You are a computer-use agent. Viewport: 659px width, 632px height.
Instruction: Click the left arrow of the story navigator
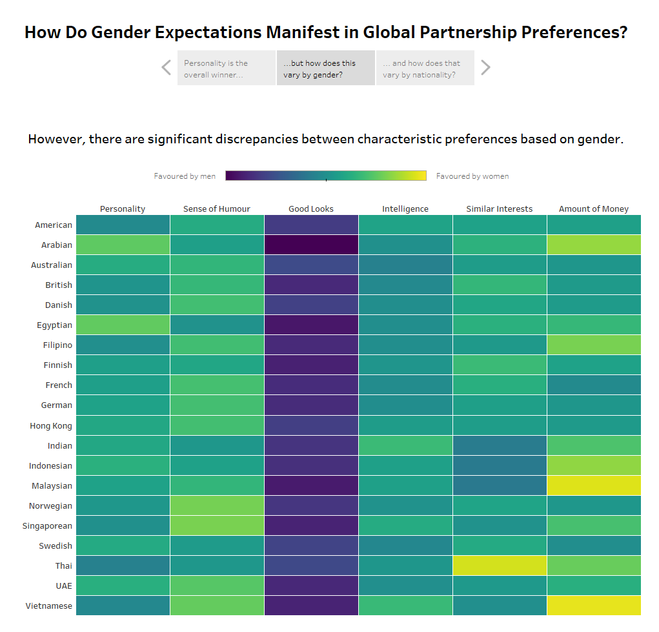167,68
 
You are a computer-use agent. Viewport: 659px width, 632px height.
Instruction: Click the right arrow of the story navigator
486,68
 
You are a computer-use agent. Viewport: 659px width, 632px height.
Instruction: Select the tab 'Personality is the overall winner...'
227,68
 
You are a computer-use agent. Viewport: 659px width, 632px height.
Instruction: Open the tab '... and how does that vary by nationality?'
425,68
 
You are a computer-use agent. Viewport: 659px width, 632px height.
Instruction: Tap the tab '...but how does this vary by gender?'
325,68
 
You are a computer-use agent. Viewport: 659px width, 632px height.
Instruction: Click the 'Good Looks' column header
311,209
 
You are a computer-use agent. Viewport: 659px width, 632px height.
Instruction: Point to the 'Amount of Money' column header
594,209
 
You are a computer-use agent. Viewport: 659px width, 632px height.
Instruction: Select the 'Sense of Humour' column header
217,209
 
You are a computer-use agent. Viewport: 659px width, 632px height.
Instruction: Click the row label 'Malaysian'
52,485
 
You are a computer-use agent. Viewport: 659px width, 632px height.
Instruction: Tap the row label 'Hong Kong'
51,425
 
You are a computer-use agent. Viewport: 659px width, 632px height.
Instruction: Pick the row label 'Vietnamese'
49,606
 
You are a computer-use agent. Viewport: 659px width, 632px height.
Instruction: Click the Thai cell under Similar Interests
500,566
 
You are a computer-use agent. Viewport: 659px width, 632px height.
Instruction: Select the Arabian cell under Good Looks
311,245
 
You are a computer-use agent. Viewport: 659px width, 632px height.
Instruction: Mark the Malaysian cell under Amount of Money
594,485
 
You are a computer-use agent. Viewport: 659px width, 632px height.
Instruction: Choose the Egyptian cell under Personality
123,325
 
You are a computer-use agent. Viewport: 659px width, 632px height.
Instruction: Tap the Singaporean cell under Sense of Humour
217,525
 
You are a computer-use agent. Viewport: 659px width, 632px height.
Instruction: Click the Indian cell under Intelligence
405,445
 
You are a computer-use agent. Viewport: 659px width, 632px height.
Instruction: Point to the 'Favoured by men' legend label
185,176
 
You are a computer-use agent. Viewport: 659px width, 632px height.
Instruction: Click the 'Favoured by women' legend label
472,176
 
